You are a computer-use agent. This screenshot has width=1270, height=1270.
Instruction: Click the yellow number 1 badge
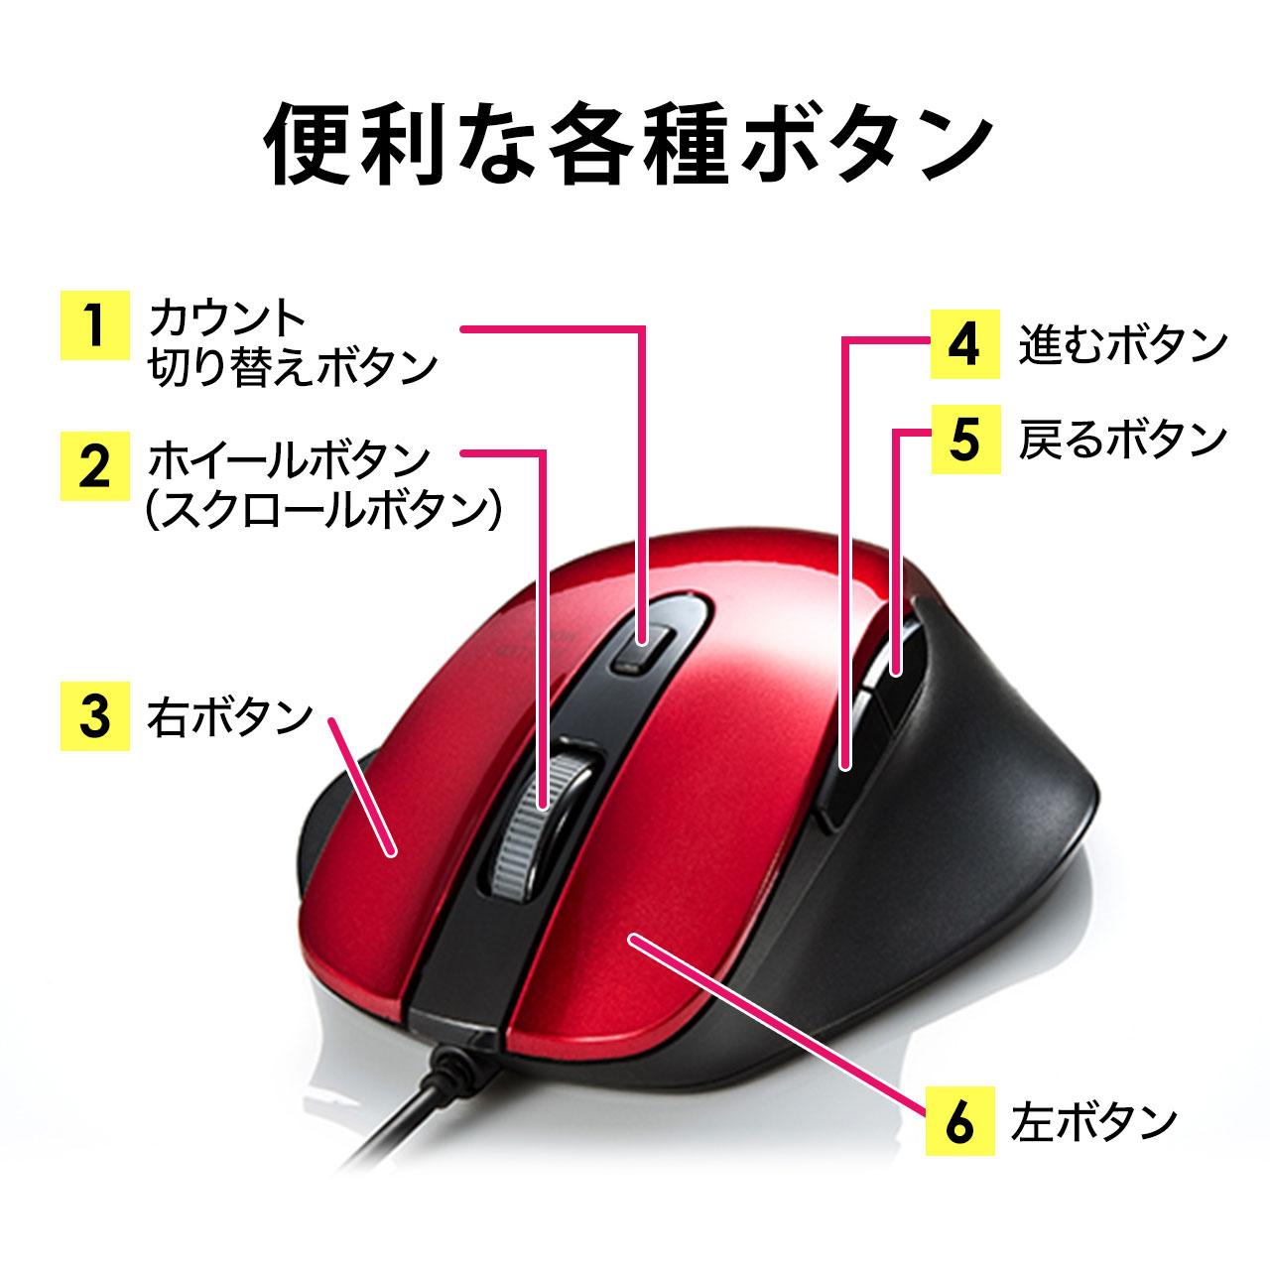[x=95, y=324]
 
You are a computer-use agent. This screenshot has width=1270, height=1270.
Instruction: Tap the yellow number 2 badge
[x=95, y=466]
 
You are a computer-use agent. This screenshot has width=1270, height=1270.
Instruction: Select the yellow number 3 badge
[x=95, y=715]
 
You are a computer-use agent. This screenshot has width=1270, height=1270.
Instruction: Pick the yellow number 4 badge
[x=964, y=344]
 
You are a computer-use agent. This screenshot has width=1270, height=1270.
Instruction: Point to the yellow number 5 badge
[x=965, y=440]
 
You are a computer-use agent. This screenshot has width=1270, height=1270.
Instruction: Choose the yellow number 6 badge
[x=959, y=1120]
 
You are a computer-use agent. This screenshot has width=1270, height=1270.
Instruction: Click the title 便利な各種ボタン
[x=628, y=144]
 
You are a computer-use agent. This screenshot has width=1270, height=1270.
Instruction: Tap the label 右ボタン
[x=230, y=717]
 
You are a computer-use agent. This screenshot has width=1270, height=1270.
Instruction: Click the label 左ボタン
[x=1094, y=1122]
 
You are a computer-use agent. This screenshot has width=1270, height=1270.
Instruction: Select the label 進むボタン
[x=1123, y=344]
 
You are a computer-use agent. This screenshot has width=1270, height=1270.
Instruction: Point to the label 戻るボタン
[x=1123, y=440]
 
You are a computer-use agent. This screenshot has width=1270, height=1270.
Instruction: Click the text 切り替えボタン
[x=293, y=366]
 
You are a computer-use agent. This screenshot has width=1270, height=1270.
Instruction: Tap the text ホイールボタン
[x=290, y=459]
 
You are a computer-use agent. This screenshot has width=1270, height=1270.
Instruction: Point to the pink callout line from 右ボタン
[x=361, y=787]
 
